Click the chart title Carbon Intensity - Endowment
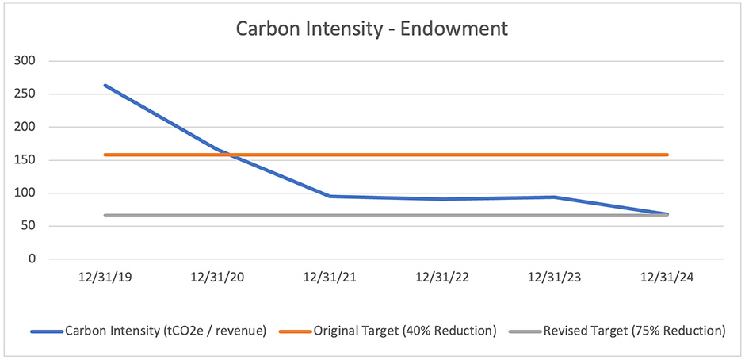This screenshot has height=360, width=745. pos(372,29)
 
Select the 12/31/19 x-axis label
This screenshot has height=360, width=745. pos(105,279)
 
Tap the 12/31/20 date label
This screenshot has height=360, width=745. pos(217,279)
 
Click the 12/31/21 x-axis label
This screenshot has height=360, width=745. pos(330,279)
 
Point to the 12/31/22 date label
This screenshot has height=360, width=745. pos(442,279)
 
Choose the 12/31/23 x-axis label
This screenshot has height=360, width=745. pos(555,279)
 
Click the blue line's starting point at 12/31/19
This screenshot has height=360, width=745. pos(105,85)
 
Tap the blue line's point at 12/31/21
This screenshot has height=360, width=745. pos(330,196)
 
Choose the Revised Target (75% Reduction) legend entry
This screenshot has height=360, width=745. pos(634,330)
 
